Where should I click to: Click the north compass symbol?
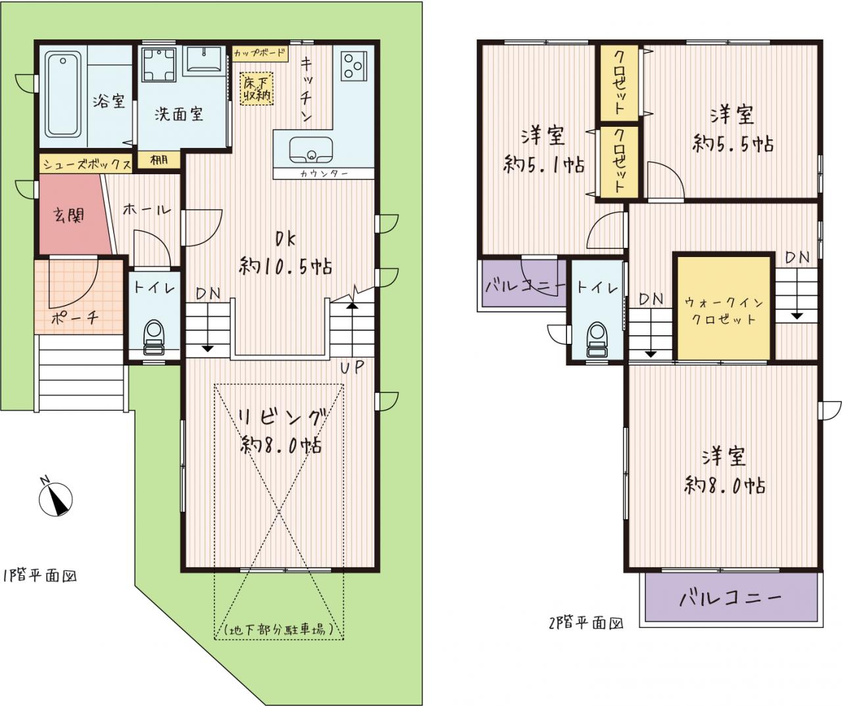56,498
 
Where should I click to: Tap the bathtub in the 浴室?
62,94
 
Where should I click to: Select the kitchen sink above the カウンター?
311,150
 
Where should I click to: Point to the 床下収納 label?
257,89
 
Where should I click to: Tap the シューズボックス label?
87,164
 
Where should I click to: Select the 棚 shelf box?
159,160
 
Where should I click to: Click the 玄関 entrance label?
69,216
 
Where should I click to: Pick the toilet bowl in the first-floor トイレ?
154,337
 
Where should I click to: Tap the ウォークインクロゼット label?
724,312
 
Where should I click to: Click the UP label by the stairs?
352,367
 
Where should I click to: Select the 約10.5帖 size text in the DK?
285,266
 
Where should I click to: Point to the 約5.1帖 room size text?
543,164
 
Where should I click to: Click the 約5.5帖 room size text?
733,144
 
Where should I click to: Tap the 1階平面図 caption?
40,576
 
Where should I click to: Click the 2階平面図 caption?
586,623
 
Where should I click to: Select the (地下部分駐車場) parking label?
279,629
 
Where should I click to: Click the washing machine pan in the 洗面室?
159,64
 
